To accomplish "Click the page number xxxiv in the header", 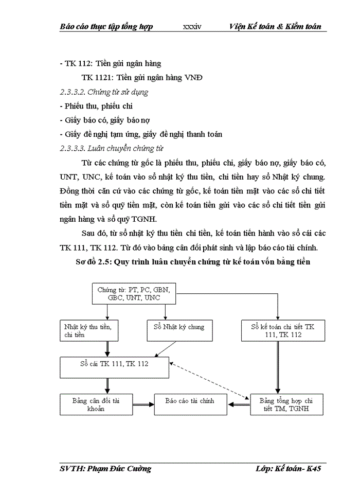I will [x=192, y=27].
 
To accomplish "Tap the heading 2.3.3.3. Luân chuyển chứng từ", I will [x=111, y=149].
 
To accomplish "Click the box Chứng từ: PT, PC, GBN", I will [x=134, y=294].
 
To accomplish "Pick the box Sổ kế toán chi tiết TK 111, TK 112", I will [x=282, y=330].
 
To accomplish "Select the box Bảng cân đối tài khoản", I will [x=90, y=404].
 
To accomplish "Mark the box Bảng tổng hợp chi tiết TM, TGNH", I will [x=286, y=405].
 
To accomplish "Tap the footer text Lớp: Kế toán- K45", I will [x=291, y=469].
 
